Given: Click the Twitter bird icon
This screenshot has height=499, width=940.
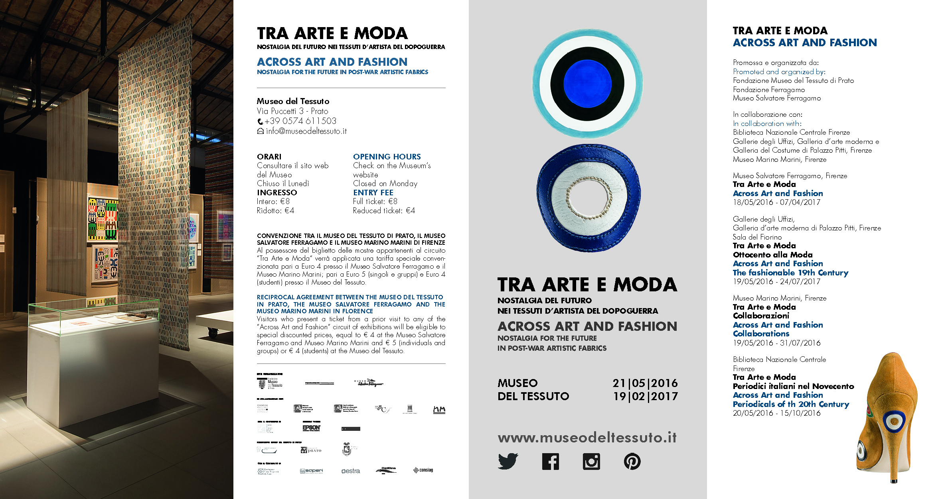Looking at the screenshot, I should pos(508,462).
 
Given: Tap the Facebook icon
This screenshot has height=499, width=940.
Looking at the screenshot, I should pos(550,462).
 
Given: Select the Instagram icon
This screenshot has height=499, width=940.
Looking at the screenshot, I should pos(591,462).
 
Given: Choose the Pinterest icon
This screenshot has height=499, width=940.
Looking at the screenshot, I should pos(632,462).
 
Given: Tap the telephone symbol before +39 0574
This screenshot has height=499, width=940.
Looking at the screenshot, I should pos(260,122).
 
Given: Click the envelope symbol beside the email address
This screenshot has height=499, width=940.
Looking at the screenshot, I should pos(260,131).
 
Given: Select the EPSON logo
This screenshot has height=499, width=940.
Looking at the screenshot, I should pos(311,428).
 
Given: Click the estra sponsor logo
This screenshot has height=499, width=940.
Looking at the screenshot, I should pos(350,471).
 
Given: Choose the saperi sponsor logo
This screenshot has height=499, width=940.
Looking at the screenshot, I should pos(311,471).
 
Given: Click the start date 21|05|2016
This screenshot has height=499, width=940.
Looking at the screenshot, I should pos(645,383).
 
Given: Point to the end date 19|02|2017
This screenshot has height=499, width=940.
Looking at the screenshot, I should pos(645,397).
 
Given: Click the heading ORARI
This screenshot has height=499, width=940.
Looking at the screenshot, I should pos(269,157).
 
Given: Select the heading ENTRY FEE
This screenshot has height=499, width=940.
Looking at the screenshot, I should pos(373,193).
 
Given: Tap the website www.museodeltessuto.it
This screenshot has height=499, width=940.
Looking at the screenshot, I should pos(587,438).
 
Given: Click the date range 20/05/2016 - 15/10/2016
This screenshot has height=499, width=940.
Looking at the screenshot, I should pos(776,413).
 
